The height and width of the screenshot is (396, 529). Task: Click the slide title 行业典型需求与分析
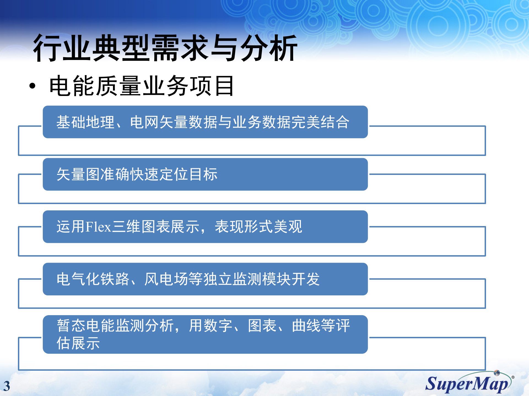(x=165, y=48)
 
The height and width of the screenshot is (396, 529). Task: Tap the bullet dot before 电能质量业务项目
(x=33, y=86)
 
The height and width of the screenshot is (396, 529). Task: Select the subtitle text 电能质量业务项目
(x=141, y=86)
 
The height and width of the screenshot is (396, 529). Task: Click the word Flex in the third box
(x=98, y=227)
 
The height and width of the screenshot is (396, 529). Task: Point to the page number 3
(x=7, y=386)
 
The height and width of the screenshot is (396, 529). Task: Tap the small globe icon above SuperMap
(x=497, y=373)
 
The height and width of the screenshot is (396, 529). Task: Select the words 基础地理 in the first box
(x=85, y=122)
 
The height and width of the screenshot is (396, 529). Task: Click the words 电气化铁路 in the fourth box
(x=93, y=279)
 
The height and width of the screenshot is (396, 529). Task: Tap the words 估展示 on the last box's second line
(x=78, y=343)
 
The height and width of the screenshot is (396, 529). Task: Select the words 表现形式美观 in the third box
(x=258, y=227)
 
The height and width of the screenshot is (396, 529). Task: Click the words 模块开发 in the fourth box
(x=291, y=279)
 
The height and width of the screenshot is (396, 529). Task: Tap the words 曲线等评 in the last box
(x=321, y=326)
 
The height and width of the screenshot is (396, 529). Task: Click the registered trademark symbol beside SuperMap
(x=513, y=377)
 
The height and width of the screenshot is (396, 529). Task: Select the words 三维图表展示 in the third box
(x=156, y=227)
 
